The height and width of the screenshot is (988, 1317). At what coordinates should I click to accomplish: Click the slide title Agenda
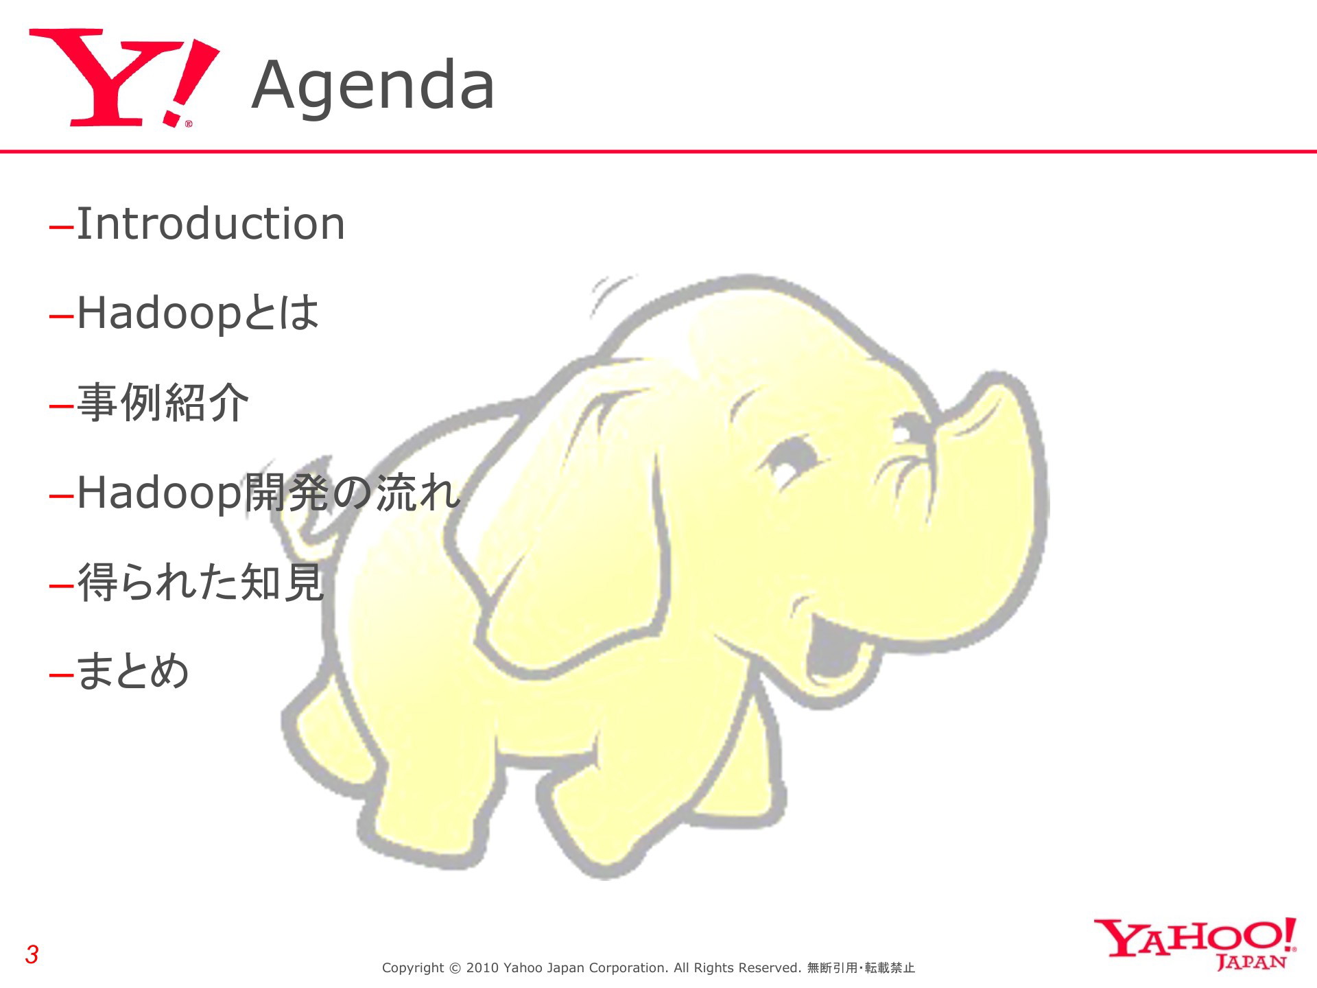pos(373,86)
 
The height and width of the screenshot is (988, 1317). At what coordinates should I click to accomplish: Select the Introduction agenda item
pos(211,224)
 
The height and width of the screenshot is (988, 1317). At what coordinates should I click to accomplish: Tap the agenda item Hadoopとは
pos(198,314)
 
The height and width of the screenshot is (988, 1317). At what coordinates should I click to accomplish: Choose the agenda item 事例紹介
pos(163,403)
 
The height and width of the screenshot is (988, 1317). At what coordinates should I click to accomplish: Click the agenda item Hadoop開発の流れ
pos(268,493)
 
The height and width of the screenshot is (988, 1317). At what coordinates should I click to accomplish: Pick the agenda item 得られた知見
pos(200,583)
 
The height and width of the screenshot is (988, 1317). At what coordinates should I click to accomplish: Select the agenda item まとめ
pos(133,672)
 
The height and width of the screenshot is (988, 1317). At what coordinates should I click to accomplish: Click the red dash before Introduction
pos(62,227)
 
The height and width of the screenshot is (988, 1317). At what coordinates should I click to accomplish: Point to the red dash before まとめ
pos(62,675)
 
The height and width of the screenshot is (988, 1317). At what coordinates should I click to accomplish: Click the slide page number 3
pos(32,954)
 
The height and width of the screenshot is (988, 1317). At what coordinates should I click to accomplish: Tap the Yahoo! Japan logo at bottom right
pos(1195,944)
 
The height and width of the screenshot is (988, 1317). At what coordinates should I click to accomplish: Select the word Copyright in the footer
pos(413,969)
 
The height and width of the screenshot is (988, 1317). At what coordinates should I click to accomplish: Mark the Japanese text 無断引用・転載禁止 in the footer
pos(862,968)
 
